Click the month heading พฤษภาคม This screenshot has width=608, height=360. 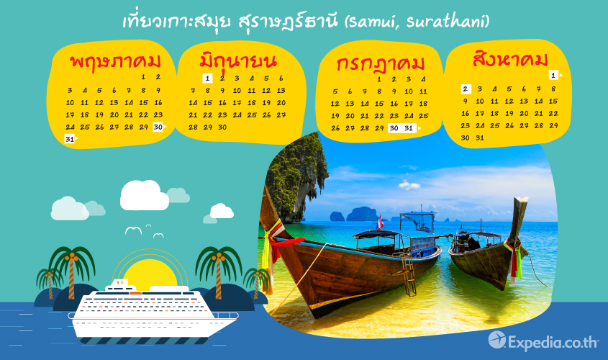115,62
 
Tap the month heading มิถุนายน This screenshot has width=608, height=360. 238,61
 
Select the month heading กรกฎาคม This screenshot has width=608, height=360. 381,64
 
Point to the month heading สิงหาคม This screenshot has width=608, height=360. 510,59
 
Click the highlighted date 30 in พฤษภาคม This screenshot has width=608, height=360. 158,127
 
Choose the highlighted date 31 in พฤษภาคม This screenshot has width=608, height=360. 70,139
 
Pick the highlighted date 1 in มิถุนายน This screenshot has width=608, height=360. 207,78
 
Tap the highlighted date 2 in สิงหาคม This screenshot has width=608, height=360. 466,89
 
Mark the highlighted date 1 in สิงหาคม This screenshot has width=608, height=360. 553,75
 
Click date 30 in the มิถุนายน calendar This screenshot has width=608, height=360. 222,127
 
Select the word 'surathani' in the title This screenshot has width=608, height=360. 445,22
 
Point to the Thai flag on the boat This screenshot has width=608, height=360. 381,222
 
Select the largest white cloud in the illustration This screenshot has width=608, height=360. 144,196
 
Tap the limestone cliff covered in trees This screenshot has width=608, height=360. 296,179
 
